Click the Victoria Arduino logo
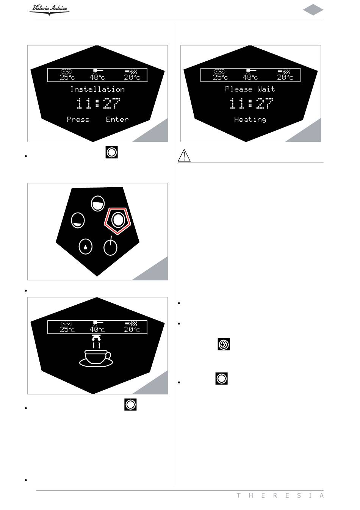click(x=49, y=9)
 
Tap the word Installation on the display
click(x=97, y=89)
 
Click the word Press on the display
click(x=78, y=119)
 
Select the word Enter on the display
click(x=117, y=119)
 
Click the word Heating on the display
click(x=250, y=119)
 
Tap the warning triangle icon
click(x=184, y=155)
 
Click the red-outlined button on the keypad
click(x=117, y=220)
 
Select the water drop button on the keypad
click(x=85, y=247)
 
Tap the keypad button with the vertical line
click(x=110, y=247)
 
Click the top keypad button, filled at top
click(x=98, y=203)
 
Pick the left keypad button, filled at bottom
click(x=78, y=221)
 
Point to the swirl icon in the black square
click(x=224, y=344)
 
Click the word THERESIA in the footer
click(x=280, y=496)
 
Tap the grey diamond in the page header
click(x=313, y=10)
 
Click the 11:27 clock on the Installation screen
click(x=98, y=103)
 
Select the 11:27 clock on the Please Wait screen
click(x=251, y=103)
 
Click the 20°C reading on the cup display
click(x=132, y=327)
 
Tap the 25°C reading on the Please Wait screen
click(x=220, y=75)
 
